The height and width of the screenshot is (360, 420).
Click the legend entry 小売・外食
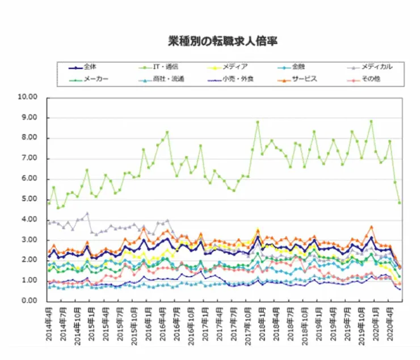click(x=236, y=78)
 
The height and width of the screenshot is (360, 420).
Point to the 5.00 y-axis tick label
click(x=29, y=200)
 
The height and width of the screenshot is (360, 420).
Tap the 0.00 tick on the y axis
click(x=29, y=302)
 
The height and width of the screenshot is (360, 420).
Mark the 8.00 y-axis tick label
click(x=29, y=138)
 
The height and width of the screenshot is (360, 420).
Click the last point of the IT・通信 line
click(x=400, y=202)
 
